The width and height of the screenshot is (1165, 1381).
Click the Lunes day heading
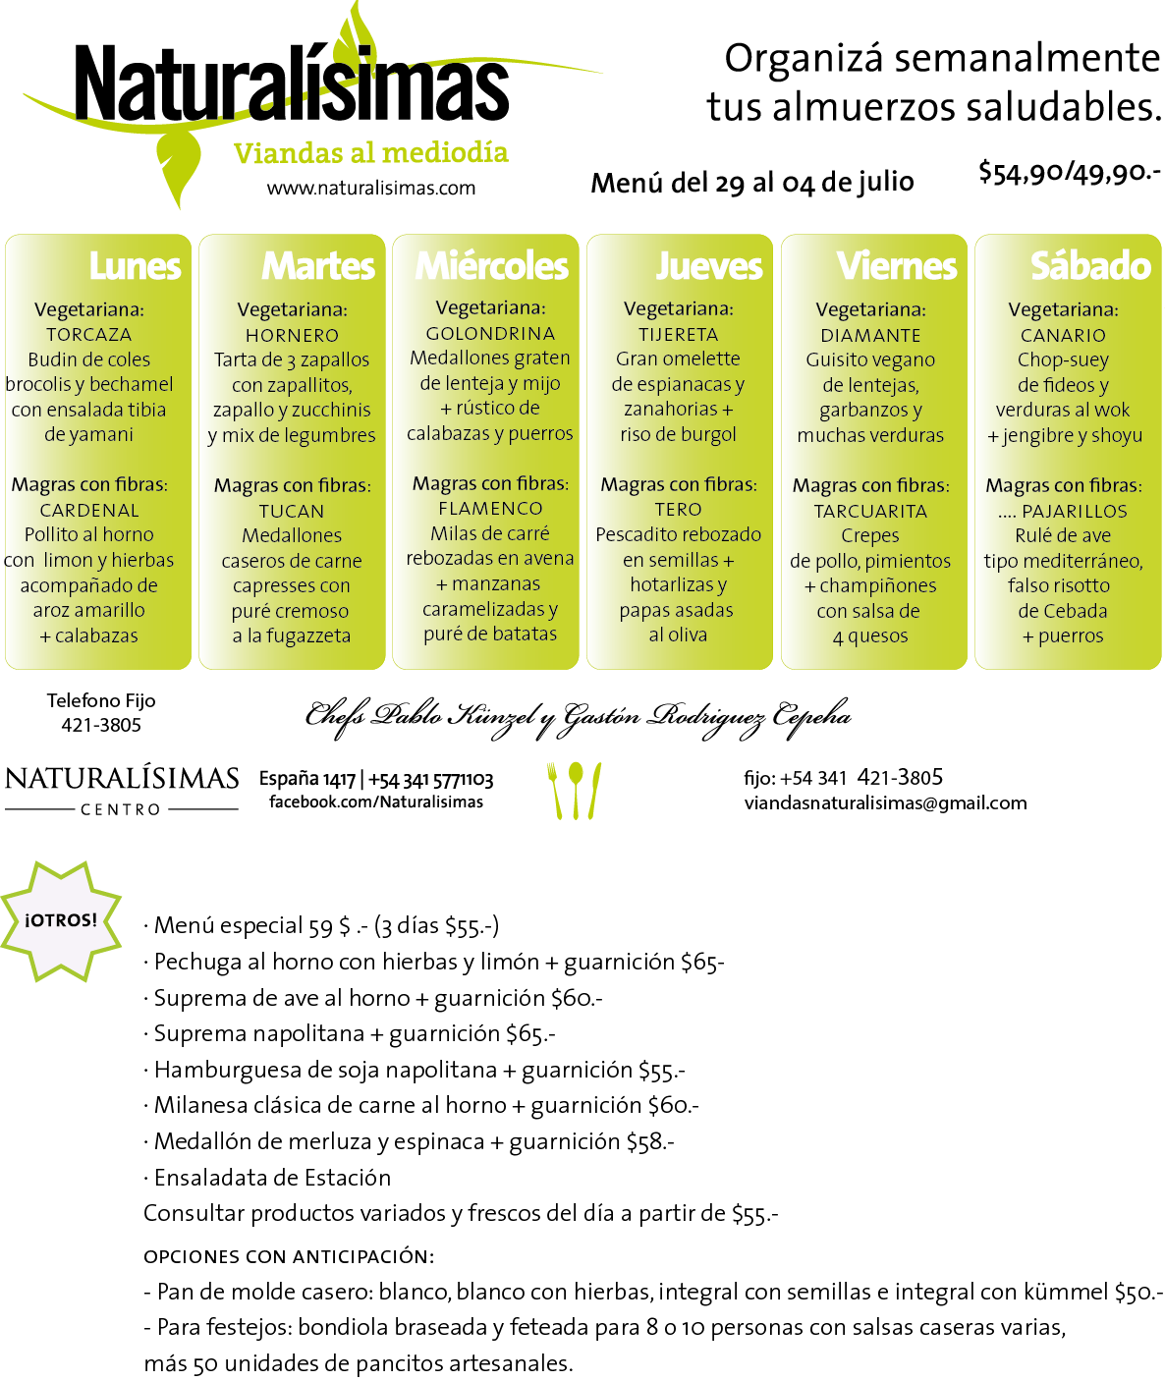tap(135, 266)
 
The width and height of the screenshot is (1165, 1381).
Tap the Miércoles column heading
tap(491, 266)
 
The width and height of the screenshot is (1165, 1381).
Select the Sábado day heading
tap(1091, 266)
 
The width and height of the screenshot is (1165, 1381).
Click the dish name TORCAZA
tap(89, 335)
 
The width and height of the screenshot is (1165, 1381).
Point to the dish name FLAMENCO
tap(490, 509)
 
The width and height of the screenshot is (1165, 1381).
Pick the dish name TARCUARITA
tap(870, 512)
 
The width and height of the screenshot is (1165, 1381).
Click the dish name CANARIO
tap(1063, 335)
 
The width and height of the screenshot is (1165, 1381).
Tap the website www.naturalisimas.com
tap(371, 189)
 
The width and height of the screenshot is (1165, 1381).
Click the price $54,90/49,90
tap(1070, 173)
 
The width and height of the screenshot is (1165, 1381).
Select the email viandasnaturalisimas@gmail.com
tap(886, 802)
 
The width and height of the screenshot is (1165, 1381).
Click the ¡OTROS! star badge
tap(60, 921)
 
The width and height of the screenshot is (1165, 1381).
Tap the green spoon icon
tap(576, 791)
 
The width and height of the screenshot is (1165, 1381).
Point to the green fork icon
tap(554, 791)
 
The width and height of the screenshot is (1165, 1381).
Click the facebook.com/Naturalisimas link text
tap(376, 801)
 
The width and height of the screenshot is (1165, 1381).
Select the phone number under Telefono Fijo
tap(101, 725)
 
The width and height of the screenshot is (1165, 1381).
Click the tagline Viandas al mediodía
tap(371, 153)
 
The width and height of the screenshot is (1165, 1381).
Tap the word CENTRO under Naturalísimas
tap(121, 809)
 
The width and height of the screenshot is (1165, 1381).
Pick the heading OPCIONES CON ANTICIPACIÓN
tap(289, 1256)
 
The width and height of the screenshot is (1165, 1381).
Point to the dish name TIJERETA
tap(678, 335)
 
